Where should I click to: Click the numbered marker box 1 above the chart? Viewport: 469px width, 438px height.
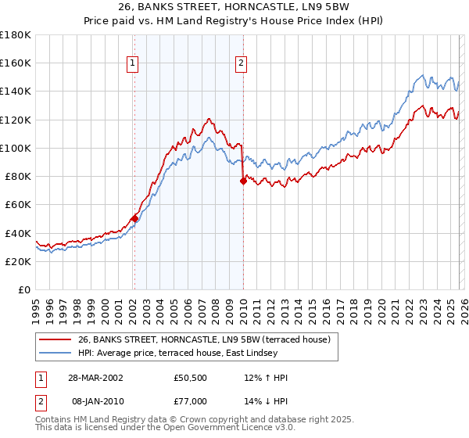[133, 64]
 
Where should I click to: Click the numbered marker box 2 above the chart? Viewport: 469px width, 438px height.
[242, 64]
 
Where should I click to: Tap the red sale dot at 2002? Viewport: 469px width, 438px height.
[134, 218]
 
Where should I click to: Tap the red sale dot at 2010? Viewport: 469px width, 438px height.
[243, 181]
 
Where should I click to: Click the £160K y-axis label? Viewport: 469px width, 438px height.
[16, 63]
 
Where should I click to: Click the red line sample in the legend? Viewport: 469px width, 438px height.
[55, 339]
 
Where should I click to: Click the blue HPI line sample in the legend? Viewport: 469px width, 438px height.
[55, 354]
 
